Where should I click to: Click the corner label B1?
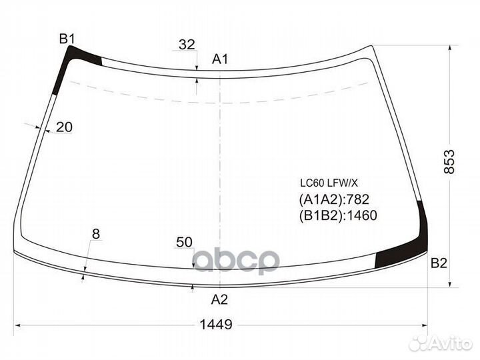click(67, 39)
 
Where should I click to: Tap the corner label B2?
click(439, 263)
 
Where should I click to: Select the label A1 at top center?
click(220, 59)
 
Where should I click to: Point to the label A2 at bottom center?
click(219, 299)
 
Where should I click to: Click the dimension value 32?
click(187, 45)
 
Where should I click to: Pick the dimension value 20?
click(64, 127)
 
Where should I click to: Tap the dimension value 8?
click(96, 234)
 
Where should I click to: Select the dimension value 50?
click(184, 242)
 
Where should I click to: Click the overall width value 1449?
click(216, 324)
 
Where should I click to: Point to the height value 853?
click(449, 161)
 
